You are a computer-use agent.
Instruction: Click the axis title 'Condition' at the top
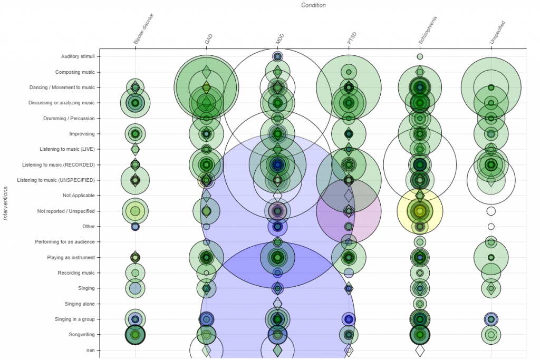click(313, 5)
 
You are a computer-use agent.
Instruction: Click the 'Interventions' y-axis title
click(5, 203)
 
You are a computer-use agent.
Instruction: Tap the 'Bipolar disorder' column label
click(143, 29)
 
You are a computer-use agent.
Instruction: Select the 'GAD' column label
click(208, 39)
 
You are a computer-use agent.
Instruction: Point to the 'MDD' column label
click(279, 39)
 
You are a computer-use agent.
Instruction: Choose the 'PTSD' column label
click(352, 38)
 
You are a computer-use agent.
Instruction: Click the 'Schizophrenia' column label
click(427, 30)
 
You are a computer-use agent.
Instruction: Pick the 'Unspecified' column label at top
click(497, 33)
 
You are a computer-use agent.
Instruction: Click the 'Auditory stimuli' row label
click(78, 56)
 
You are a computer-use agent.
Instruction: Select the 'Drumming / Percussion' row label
click(69, 119)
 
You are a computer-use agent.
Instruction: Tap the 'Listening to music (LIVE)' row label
click(67, 149)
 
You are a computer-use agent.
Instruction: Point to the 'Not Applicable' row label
click(79, 196)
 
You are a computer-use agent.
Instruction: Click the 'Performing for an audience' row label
click(65, 242)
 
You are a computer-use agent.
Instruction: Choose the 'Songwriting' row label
click(82, 335)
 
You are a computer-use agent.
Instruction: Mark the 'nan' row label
click(91, 351)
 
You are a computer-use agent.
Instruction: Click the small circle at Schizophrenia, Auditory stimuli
click(420, 56)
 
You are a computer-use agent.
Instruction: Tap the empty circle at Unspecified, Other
click(491, 227)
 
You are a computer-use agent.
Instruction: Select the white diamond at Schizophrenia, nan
click(420, 351)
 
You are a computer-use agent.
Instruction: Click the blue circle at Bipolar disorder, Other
click(136, 227)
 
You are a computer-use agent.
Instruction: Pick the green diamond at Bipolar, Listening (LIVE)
click(136, 149)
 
